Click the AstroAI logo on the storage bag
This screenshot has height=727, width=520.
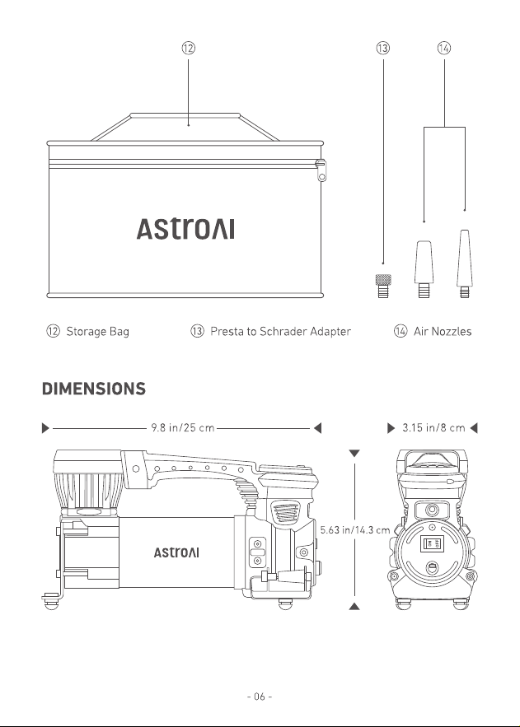(x=185, y=229)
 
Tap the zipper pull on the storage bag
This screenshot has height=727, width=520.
(x=321, y=170)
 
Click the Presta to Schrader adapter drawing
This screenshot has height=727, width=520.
(x=382, y=286)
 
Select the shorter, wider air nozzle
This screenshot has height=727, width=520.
(x=424, y=269)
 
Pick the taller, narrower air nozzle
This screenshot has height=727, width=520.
(x=464, y=263)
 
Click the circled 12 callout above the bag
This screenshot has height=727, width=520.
(x=188, y=48)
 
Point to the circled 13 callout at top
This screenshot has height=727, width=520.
(x=382, y=48)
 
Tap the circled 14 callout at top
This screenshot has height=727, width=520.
(x=444, y=48)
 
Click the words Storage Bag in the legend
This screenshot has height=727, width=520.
(x=97, y=332)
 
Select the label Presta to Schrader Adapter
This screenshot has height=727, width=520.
(x=280, y=332)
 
